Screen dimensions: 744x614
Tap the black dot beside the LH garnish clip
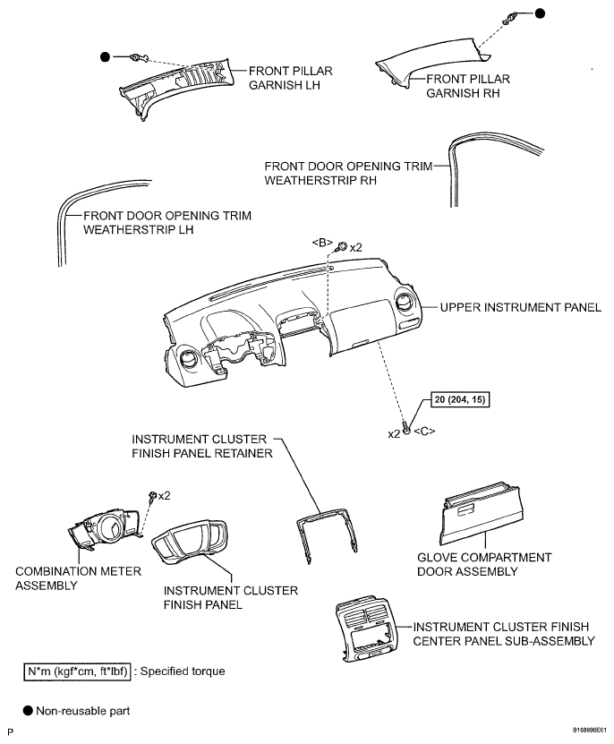[x=106, y=56]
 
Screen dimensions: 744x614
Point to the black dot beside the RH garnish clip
[x=541, y=13]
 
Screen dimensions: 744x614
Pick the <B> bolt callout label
[x=323, y=243]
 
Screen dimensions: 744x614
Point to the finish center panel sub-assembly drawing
[x=366, y=632]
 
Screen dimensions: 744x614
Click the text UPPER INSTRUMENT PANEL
[x=520, y=308]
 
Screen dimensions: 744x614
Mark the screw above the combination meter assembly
[x=153, y=496]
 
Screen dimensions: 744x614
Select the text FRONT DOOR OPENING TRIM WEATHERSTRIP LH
[x=166, y=222]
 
